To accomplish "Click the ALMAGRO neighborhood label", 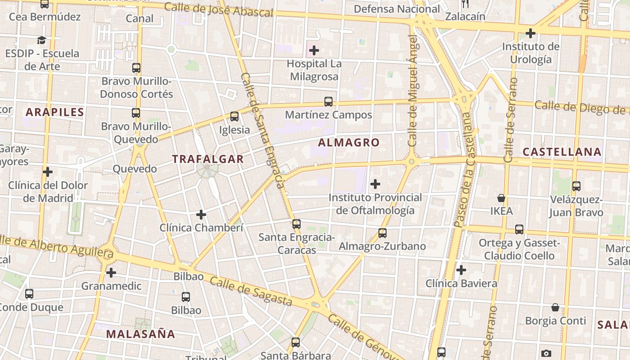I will [x=349, y=143].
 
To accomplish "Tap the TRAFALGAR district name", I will [x=208, y=159].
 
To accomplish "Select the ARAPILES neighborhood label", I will [x=55, y=112].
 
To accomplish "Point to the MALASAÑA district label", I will [x=140, y=334].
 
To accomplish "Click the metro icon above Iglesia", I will [x=234, y=117].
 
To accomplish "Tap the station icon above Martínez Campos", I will [x=328, y=102].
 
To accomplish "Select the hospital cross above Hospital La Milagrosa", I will [x=314, y=50].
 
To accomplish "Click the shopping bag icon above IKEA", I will [x=501, y=198].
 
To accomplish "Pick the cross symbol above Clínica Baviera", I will [x=461, y=270].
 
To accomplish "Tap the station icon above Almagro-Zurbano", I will [x=382, y=233].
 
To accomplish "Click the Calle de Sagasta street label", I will [x=251, y=291].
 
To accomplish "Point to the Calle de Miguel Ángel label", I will [x=413, y=90].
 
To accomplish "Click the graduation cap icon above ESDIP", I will [x=42, y=40].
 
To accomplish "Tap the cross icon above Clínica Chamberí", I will [x=201, y=215].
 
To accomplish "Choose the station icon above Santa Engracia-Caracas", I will [x=296, y=224].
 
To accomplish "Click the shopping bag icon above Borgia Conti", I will [x=555, y=307].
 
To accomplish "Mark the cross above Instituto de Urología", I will [x=531, y=33].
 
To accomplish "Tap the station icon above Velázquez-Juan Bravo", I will [x=576, y=186].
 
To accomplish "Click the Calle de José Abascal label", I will [x=218, y=9].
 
